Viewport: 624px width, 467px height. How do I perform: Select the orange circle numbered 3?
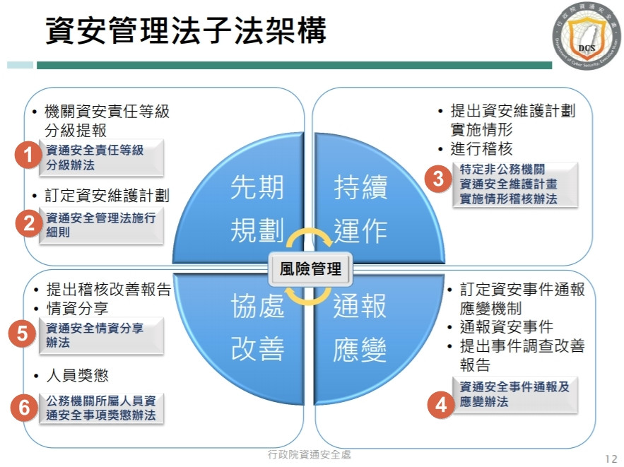click(438, 179)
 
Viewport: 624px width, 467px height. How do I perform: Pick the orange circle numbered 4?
click(441, 405)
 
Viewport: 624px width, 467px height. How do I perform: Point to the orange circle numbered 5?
click(23, 333)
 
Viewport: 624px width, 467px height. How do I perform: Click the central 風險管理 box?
click(311, 268)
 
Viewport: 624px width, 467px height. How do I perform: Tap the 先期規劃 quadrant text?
click(257, 210)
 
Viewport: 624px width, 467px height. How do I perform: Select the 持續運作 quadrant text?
click(360, 210)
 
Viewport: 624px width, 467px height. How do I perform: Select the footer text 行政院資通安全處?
click(310, 454)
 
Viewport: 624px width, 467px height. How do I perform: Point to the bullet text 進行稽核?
click(481, 148)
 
